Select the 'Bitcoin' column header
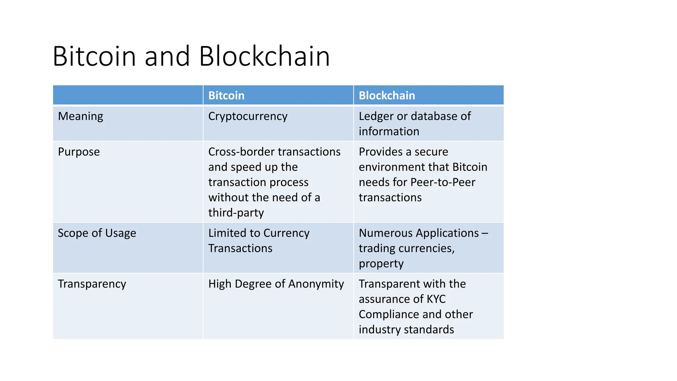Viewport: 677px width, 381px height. pos(226,96)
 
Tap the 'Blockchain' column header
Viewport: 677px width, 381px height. pos(387,96)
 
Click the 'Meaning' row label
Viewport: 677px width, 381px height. pos(80,116)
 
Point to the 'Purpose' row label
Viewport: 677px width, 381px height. pos(79,152)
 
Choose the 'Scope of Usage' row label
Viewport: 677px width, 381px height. pos(97,233)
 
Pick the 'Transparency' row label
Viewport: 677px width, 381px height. pos(92,284)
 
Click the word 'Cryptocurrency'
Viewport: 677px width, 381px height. pos(248,116)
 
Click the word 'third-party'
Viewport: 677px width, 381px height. pos(236,213)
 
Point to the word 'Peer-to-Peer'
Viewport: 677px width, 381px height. pos(443,182)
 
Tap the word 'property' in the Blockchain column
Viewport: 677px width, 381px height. pos(381,264)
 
